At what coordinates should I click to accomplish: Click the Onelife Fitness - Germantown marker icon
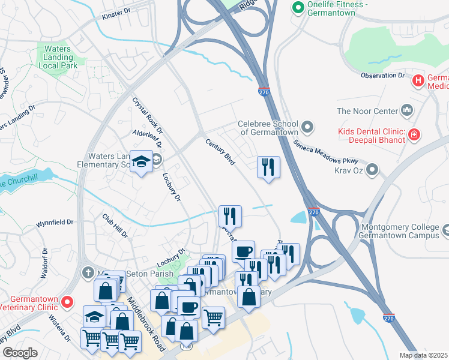pyautogui.click(x=297, y=7)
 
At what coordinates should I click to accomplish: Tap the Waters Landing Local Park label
pyautogui.click(x=59, y=57)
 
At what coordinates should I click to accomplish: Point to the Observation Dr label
pyautogui.click(x=383, y=76)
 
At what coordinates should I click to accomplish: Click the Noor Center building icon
pyautogui.click(x=408, y=110)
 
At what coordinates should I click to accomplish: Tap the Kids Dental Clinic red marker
pyautogui.click(x=414, y=134)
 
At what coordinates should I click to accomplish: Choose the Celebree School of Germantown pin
pyautogui.click(x=308, y=127)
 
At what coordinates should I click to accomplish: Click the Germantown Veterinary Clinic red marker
pyautogui.click(x=68, y=301)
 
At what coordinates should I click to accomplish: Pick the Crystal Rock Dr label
pyautogui.click(x=148, y=116)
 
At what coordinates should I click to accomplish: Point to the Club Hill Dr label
pyautogui.click(x=115, y=225)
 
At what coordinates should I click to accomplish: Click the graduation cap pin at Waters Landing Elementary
pyautogui.click(x=142, y=162)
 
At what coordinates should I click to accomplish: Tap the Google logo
pyautogui.click(x=20, y=353)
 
